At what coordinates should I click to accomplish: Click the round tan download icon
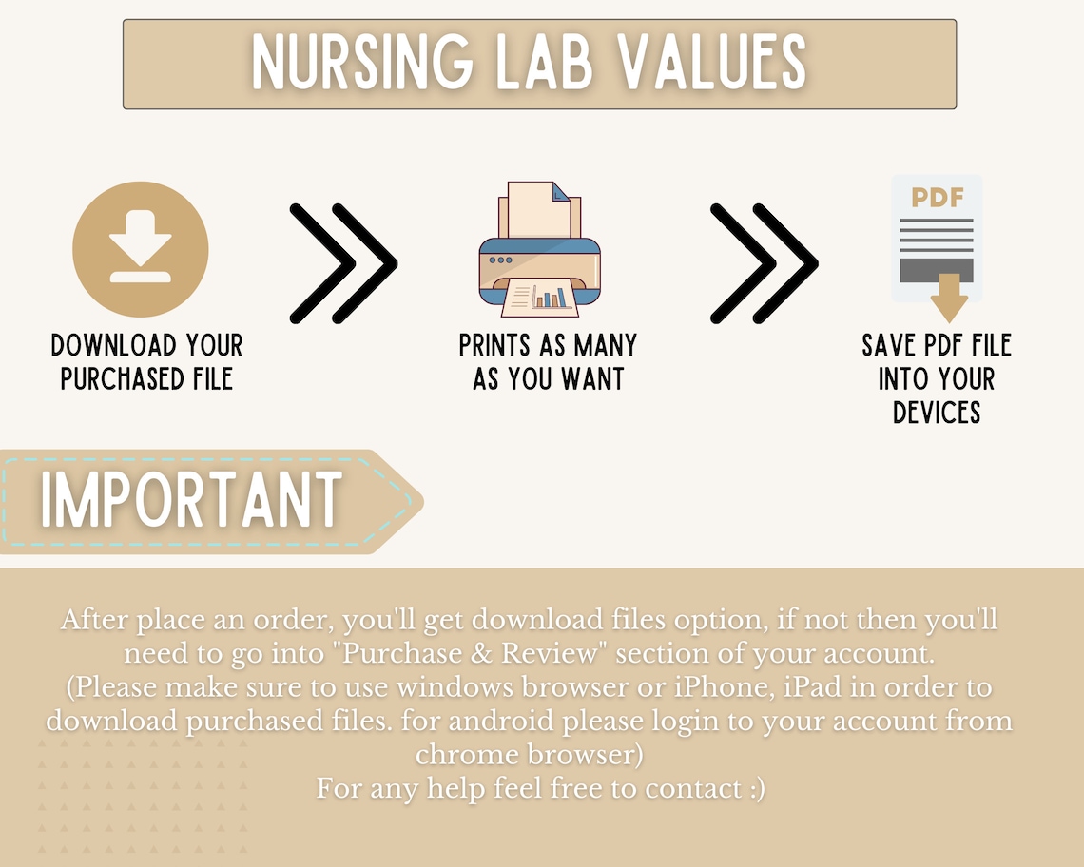coord(141,250)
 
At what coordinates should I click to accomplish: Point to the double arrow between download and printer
coord(342,263)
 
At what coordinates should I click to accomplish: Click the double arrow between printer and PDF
coord(764,263)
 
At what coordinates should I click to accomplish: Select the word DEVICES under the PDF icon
coord(937,413)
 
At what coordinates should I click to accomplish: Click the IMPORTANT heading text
coord(191,500)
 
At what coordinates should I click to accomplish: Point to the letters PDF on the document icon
coord(937,198)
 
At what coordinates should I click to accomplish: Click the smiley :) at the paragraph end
coord(754,788)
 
